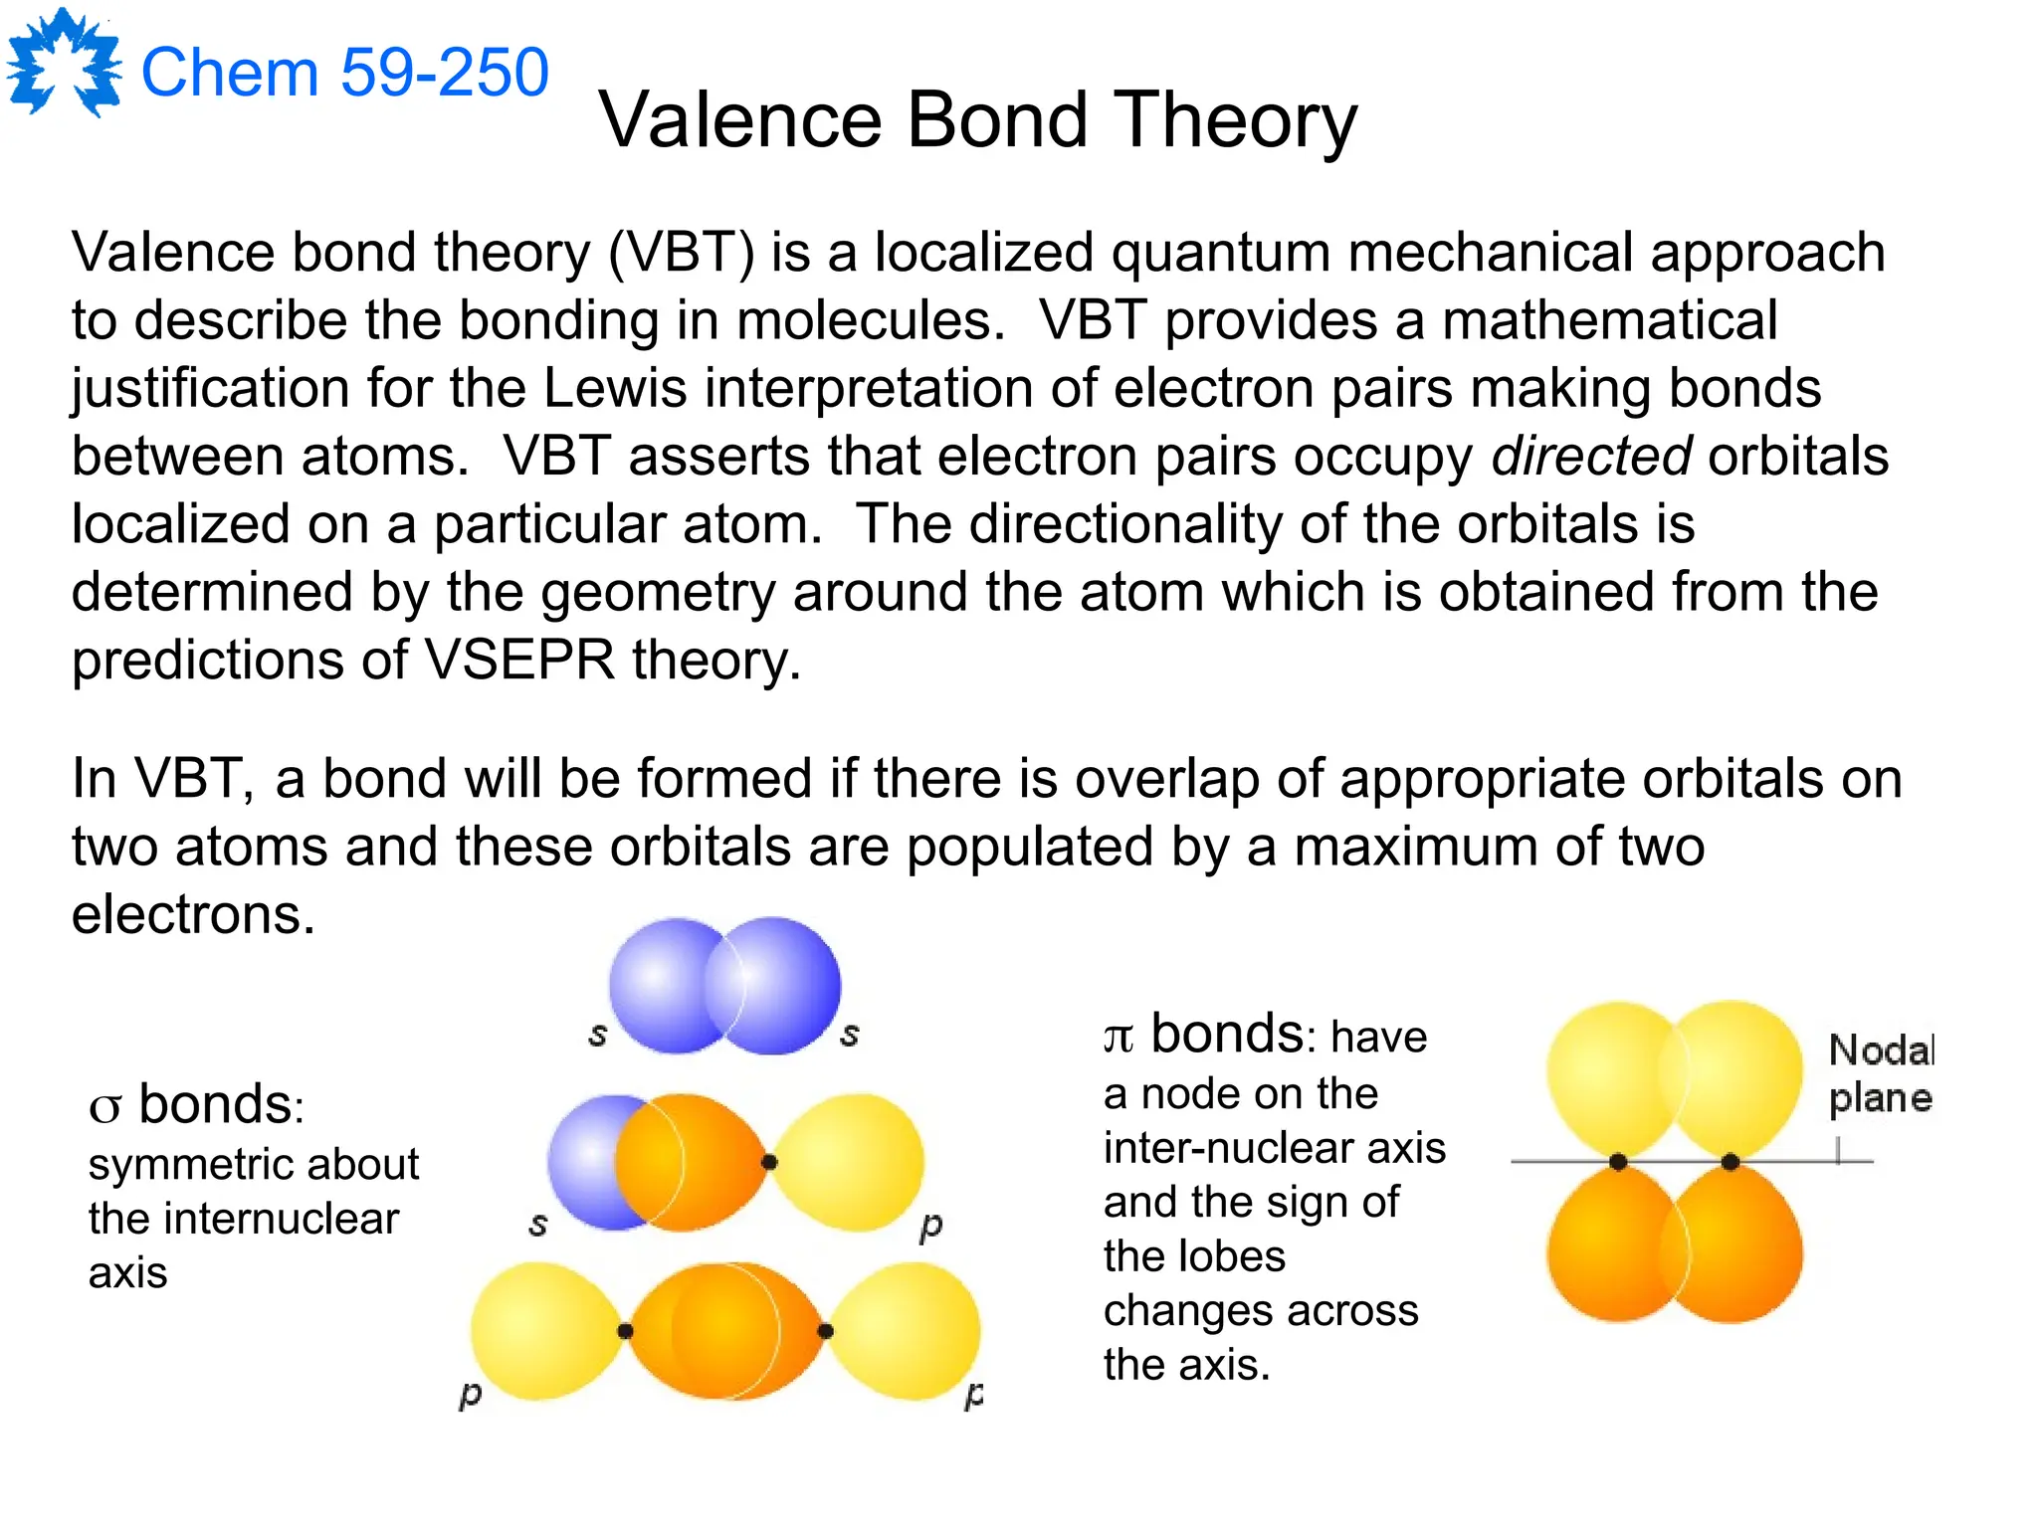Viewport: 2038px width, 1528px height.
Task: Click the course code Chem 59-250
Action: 344,73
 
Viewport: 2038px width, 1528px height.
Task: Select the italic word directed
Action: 1590,457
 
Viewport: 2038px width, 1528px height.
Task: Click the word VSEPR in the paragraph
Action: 519,660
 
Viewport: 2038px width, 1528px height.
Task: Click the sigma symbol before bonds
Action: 105,1107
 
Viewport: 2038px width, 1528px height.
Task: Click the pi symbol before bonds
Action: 1119,1038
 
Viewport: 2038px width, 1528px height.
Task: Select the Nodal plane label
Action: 1880,1074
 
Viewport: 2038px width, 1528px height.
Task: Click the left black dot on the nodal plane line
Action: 1618,1162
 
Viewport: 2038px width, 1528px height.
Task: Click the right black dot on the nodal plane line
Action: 1731,1162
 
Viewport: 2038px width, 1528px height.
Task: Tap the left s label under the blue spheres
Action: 597,1035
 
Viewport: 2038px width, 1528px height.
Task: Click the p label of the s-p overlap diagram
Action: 930,1226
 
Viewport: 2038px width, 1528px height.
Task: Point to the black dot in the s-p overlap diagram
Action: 769,1161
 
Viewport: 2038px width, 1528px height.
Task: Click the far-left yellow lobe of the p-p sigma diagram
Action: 542,1331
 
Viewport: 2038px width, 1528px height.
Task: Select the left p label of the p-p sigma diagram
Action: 470,1394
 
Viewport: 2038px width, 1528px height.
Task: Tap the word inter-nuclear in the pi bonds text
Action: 1208,1148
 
